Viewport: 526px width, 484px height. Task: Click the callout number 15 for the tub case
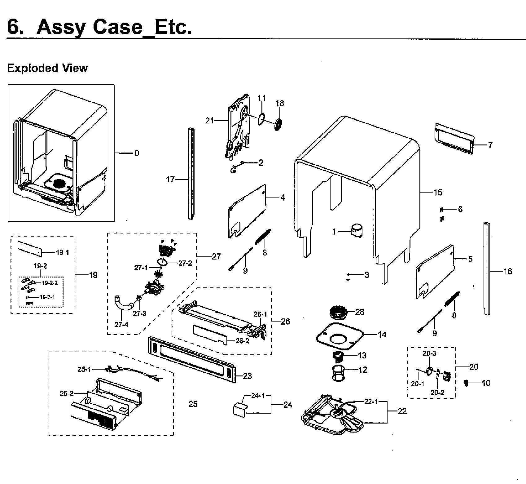coord(438,192)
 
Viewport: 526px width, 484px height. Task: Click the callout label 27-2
coord(185,263)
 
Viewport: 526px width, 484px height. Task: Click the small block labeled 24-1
coord(240,408)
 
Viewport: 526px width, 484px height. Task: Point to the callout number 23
coord(248,376)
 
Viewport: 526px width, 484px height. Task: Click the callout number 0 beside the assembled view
coord(137,153)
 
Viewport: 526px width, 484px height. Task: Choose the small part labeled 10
coord(466,383)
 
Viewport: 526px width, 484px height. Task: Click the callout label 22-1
coord(371,402)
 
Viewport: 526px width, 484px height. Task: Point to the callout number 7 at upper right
coord(490,145)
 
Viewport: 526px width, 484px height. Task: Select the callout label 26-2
coord(242,341)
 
